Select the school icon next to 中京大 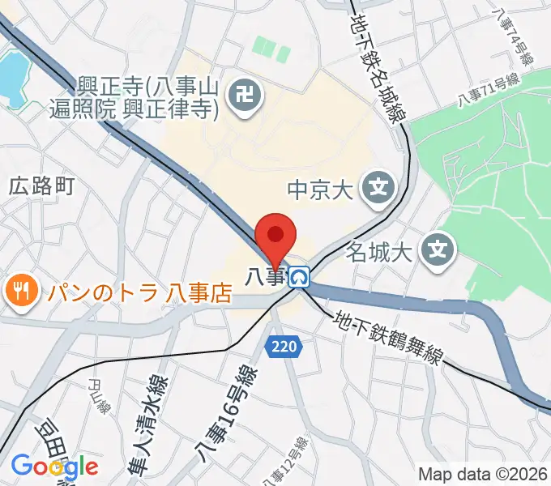(378, 190)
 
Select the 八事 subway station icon (301, 277)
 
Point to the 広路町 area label (42, 186)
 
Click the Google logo (54, 467)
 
